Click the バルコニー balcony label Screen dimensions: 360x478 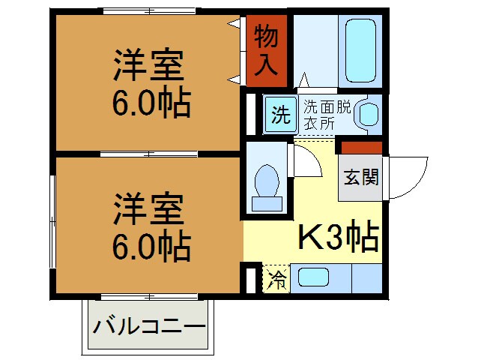(x=149, y=328)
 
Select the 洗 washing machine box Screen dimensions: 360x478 (x=279, y=115)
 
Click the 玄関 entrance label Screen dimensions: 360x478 (x=360, y=177)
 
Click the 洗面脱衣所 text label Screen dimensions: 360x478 (x=327, y=115)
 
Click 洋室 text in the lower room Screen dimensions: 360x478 (x=148, y=209)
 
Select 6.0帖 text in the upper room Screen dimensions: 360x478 (x=151, y=104)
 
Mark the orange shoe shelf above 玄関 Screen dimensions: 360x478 (x=361, y=147)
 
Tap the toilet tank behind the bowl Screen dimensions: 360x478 (x=267, y=203)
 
